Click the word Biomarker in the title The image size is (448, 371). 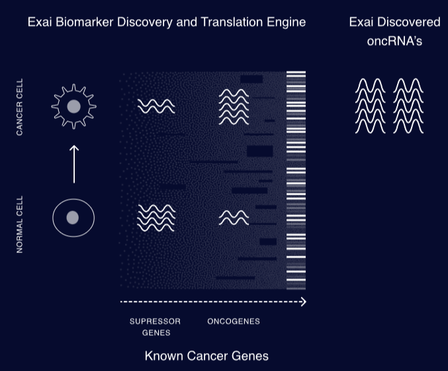click(84, 23)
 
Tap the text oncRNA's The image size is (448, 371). click(394, 41)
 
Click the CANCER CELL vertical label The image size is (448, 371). click(19, 107)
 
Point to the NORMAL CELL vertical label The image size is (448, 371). click(19, 225)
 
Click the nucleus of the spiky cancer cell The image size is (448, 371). click(73, 107)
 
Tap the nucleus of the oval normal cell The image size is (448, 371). click(73, 218)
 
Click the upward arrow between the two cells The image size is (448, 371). click(74, 164)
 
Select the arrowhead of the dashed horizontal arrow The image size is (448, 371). click(304, 301)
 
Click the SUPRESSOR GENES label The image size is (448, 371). click(155, 327)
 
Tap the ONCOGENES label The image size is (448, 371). click(234, 321)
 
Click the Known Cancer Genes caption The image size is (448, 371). click(206, 356)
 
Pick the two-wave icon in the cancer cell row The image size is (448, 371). click(156, 107)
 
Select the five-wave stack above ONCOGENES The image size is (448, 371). click(234, 107)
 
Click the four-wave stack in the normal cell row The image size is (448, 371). click(156, 218)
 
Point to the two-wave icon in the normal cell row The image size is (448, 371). click(234, 218)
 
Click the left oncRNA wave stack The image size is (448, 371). click(371, 106)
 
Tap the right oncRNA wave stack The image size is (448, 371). click(408, 106)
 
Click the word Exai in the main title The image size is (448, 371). click(40, 23)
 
